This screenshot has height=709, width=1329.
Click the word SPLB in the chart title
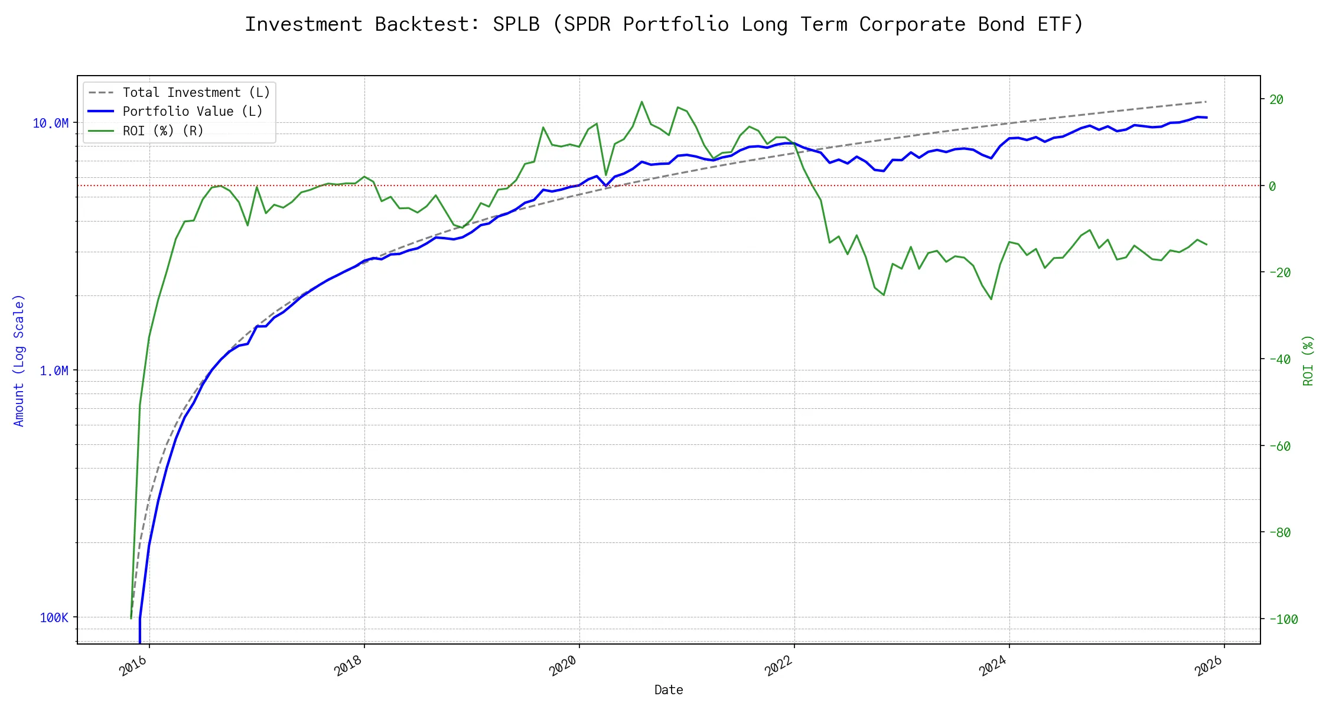516,24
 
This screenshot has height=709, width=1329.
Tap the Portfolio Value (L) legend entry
193,112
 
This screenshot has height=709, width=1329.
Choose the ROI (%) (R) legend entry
163,131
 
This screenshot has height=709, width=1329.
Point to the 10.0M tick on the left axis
51,123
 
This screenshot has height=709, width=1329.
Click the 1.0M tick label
54,370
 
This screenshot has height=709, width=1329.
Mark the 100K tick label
54,618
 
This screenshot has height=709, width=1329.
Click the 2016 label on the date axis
133,666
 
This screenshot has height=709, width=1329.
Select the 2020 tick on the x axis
563,666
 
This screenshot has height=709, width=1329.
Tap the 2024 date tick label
993,666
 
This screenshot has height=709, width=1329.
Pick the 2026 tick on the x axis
1209,666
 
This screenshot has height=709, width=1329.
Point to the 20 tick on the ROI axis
1276,99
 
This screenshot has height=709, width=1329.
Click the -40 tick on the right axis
1279,359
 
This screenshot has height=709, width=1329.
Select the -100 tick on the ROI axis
1282,619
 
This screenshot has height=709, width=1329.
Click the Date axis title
669,690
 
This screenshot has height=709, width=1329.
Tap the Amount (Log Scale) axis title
19,360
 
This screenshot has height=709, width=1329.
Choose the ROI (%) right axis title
1308,360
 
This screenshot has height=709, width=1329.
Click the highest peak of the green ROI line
641,102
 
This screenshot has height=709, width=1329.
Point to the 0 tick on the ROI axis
1272,186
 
